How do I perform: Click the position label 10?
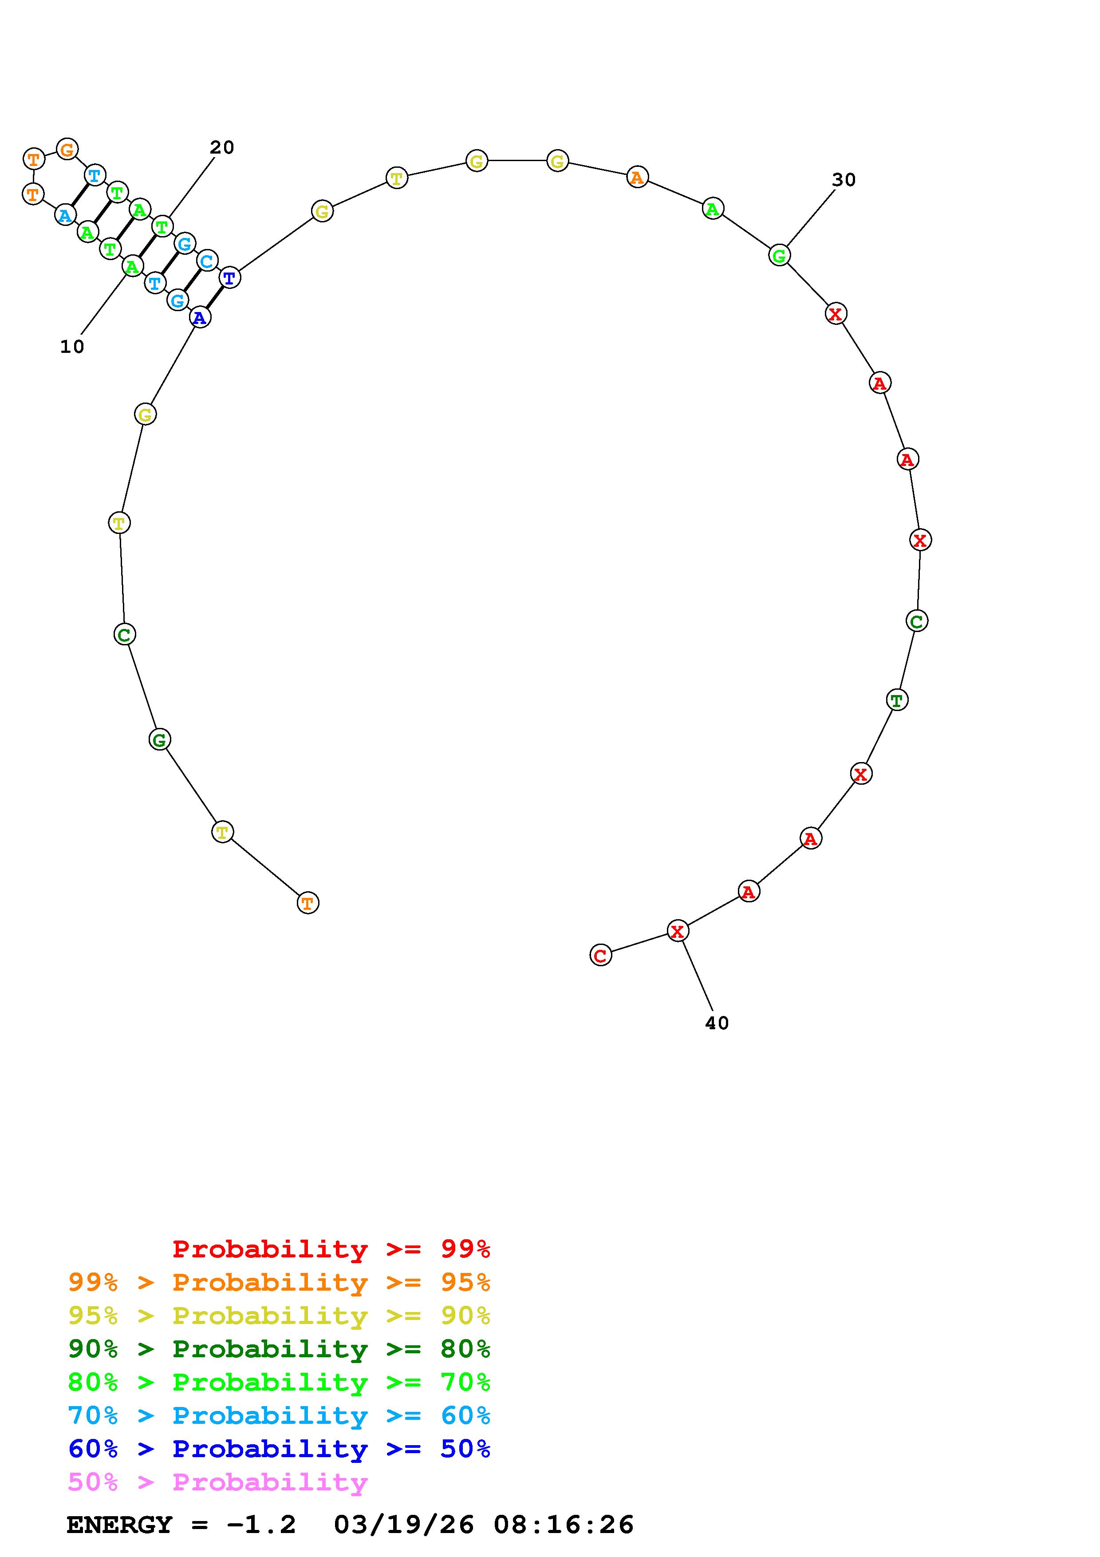[72, 347]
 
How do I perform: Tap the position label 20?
[221, 147]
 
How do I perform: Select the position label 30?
[844, 180]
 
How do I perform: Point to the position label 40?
[717, 1023]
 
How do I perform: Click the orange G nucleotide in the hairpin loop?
[67, 149]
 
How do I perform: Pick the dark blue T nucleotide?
[230, 277]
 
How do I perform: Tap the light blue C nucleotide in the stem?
[207, 261]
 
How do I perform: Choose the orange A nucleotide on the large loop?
[637, 178]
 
